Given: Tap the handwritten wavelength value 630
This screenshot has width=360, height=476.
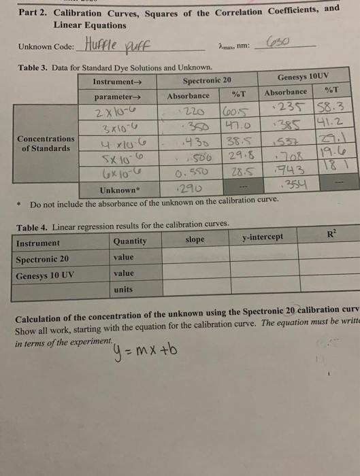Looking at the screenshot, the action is (278, 41).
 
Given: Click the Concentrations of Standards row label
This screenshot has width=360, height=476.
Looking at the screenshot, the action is (46, 143).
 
